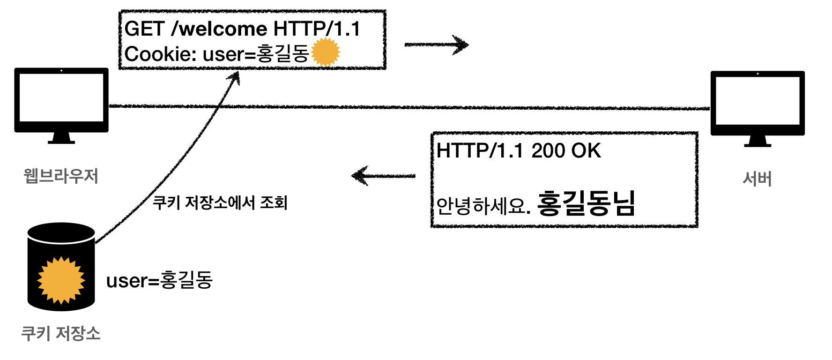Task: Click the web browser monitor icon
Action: pos(61,101)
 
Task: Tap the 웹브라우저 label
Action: pos(61,176)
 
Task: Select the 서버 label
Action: pos(757,179)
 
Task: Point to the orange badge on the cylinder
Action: pos(61,280)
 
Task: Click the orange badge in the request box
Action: pos(326,52)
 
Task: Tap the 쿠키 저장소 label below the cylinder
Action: pos(61,333)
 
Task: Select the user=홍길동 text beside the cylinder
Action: pos(159,280)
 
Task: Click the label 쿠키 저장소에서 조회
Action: pos(220,202)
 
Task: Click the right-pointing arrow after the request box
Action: pos(437,45)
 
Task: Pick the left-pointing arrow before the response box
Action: pos(383,176)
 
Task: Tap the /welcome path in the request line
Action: pos(220,29)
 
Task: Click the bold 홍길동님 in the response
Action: pos(586,203)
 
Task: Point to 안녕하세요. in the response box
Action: pos(483,206)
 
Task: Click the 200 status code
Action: pos(548,151)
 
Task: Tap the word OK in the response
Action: pos(586,151)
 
